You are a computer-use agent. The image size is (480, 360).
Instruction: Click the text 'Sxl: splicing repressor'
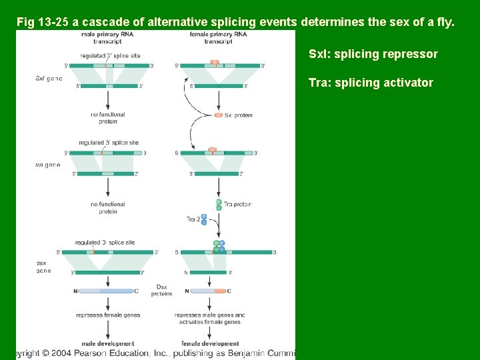[x=373, y=54]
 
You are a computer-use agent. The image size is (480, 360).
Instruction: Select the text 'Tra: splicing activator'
[x=371, y=83]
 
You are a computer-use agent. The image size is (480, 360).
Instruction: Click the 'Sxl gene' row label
[x=49, y=78]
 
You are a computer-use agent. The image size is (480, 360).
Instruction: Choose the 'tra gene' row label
[x=47, y=164]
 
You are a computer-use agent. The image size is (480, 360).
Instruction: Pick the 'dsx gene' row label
[x=43, y=267]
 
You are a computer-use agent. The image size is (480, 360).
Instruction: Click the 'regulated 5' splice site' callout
[x=110, y=56]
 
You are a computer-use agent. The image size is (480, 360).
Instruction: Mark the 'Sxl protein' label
[x=239, y=115]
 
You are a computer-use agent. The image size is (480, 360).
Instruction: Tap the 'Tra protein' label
[x=237, y=204]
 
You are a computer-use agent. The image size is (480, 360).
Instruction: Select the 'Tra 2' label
[x=193, y=219]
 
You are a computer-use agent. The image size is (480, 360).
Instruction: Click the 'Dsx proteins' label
[x=162, y=290]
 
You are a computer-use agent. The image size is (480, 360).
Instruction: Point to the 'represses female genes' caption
[x=108, y=315]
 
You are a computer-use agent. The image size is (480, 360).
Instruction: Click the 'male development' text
[x=107, y=343]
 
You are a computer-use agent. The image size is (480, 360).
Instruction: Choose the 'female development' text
[x=210, y=343]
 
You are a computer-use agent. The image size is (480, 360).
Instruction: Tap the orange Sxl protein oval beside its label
[x=219, y=115]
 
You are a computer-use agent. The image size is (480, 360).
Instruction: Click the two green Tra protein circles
[x=218, y=204]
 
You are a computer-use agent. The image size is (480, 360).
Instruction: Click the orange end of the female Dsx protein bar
[x=220, y=291]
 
